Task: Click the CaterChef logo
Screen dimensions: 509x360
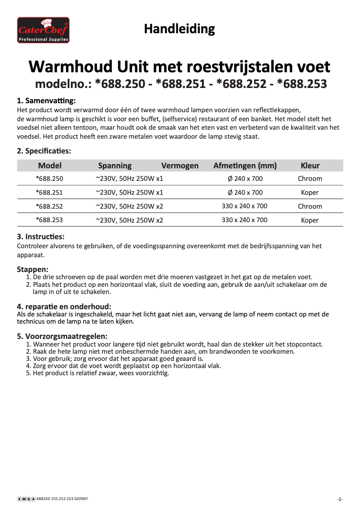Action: point(44,30)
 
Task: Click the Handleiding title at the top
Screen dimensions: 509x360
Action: point(179,29)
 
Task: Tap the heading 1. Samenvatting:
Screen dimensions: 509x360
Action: point(46,100)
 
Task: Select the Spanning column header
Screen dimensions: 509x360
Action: point(115,166)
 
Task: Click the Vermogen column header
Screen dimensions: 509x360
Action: point(180,166)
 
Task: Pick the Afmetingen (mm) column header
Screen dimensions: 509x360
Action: point(245,166)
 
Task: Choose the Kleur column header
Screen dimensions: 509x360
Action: point(310,166)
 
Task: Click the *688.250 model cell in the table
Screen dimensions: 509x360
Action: point(49,179)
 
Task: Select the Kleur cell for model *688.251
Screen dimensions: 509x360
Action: point(310,193)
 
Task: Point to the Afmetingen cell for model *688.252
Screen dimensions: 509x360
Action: point(245,206)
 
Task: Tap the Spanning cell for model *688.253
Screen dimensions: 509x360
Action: point(129,220)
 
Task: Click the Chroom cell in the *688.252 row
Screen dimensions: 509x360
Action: point(310,206)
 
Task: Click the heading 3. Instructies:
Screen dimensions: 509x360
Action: point(40,237)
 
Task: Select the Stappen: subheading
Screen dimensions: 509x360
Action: point(32,269)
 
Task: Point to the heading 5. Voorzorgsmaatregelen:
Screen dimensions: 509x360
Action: point(62,336)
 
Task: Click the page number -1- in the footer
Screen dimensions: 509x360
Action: point(340,499)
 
